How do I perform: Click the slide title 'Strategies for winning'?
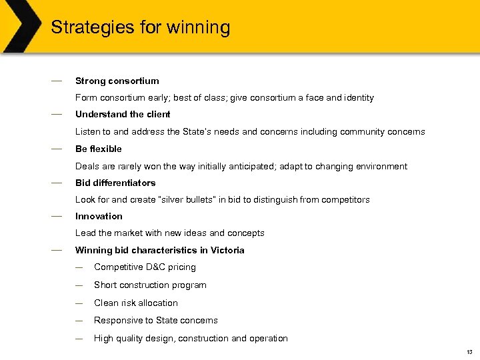click(x=140, y=27)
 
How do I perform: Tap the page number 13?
click(x=469, y=352)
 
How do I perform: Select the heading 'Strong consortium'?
click(x=117, y=81)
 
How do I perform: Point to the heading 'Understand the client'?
click(x=123, y=114)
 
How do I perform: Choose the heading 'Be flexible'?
click(x=98, y=149)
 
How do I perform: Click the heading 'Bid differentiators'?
click(x=115, y=183)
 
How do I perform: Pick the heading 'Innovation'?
click(x=99, y=216)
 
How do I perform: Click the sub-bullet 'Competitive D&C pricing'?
click(x=145, y=267)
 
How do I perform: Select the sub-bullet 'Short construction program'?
click(x=150, y=285)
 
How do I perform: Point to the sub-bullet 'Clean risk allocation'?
click(x=136, y=303)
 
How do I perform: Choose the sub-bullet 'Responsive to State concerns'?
click(x=155, y=320)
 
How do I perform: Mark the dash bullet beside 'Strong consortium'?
click(x=56, y=80)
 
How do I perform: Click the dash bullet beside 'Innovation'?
click(x=56, y=215)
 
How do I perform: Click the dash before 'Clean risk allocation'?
click(x=79, y=303)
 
